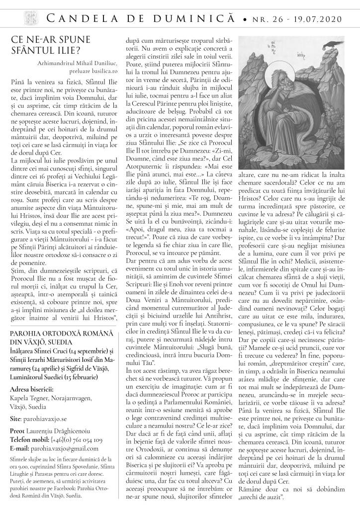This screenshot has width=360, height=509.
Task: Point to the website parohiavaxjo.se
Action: pyautogui.click(x=49, y=405)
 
